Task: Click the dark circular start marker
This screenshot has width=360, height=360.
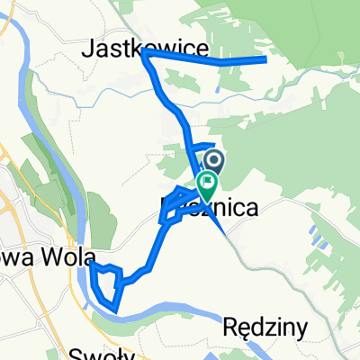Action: tap(214, 161)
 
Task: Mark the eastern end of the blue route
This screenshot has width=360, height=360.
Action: tap(266, 59)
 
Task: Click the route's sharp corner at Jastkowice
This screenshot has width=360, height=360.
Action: tap(144, 54)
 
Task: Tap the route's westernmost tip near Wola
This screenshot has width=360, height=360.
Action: tap(91, 265)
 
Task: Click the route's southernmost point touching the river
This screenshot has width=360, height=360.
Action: tap(115, 309)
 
